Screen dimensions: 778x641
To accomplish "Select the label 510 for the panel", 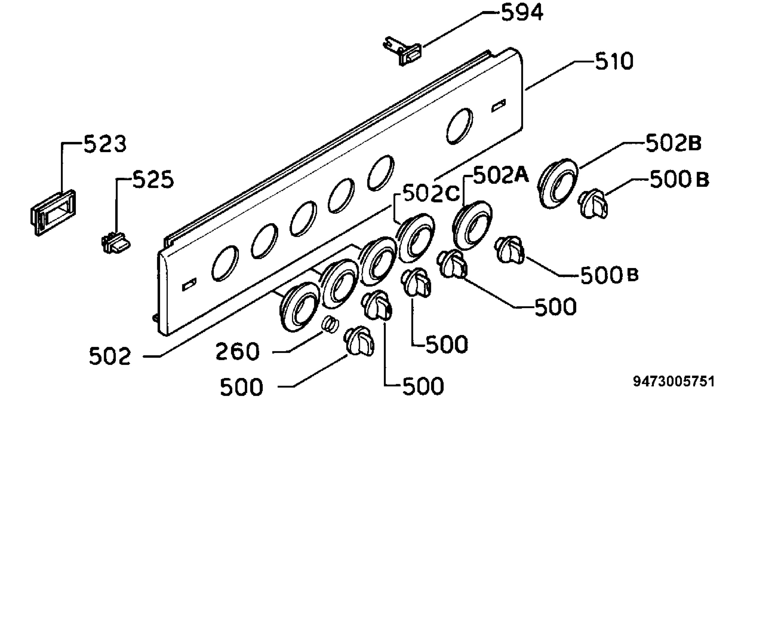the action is coord(614,61).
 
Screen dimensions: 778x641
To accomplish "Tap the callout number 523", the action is coord(105,144).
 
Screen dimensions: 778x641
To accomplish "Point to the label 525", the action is coord(153,180).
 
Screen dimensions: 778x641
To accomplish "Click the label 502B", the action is coord(674,143).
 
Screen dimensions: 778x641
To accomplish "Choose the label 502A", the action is coord(501,175).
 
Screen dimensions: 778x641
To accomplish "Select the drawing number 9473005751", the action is coord(674,381).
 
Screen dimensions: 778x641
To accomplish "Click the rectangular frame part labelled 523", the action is coord(53,213).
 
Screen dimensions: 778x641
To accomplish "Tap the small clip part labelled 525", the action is coord(115,243).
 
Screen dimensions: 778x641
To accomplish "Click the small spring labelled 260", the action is coord(331,325).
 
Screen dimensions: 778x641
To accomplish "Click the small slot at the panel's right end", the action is coord(498,106).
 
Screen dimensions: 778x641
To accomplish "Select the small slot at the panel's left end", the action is coord(189,284).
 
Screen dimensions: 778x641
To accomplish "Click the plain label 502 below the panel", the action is coord(110,356).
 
